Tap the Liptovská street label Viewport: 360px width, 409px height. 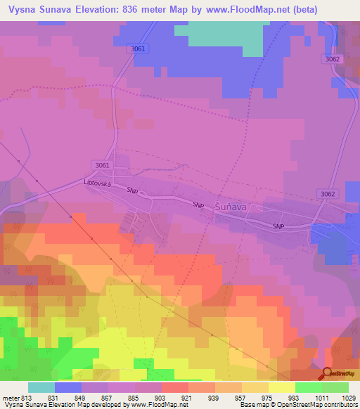coord(98,182)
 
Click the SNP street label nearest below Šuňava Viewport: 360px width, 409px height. coord(279,226)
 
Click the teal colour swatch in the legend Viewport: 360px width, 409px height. coord(41,387)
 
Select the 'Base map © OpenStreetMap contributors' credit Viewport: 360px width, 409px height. coord(297,405)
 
